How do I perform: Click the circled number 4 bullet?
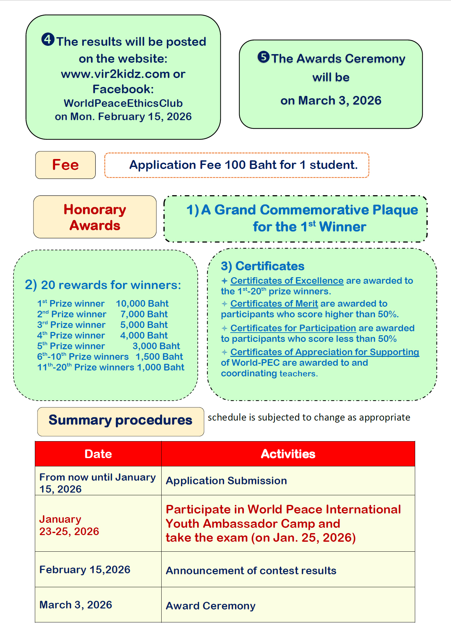tap(48, 40)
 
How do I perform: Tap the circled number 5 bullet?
tap(263, 57)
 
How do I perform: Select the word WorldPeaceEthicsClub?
tap(123, 103)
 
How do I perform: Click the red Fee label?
tap(65, 165)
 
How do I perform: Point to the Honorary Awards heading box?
tap(95, 217)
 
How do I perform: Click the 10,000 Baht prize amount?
tap(142, 303)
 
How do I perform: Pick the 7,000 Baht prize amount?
tap(144, 314)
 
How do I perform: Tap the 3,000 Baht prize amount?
tap(156, 346)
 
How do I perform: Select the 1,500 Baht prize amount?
tap(159, 357)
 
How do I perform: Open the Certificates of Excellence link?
tap(287, 281)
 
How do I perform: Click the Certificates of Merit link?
tap(274, 304)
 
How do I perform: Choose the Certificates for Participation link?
tap(293, 328)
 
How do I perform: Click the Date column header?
tap(98, 454)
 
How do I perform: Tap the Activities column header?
tap(288, 454)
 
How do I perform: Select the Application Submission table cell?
tap(226, 481)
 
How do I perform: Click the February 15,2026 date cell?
tap(85, 570)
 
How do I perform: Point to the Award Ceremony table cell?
tap(211, 606)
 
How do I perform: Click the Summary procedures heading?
tap(120, 420)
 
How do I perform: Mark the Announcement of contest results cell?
tap(251, 571)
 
